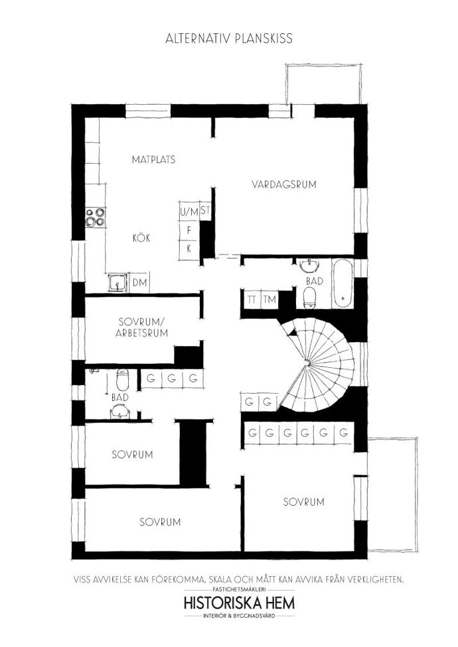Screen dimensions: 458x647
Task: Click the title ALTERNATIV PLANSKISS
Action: [x=229, y=38]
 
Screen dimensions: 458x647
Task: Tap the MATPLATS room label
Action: [x=153, y=159]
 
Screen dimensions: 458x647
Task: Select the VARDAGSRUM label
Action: [x=283, y=184]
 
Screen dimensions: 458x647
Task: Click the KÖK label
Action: [x=141, y=238]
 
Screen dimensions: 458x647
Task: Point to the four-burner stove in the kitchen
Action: [x=96, y=217]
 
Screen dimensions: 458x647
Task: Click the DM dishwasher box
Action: [x=139, y=282]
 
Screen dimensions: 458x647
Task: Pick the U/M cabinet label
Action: [x=189, y=212]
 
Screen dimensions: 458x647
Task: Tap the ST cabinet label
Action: [x=205, y=211]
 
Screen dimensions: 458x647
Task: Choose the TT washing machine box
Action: [x=251, y=299]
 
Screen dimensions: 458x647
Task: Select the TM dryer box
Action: [x=269, y=299]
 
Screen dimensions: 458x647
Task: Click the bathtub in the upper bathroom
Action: [x=343, y=283]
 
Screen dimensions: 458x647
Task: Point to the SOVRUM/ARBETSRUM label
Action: [x=141, y=327]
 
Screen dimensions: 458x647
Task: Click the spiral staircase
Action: [x=318, y=365]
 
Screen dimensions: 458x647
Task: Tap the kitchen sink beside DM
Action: [x=117, y=282]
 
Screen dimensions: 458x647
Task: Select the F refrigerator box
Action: [x=189, y=231]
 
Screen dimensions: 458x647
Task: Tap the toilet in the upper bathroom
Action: [x=309, y=297]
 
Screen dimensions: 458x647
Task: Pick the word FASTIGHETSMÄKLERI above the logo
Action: [x=240, y=589]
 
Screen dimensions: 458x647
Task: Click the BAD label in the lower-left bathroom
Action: [x=119, y=397]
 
